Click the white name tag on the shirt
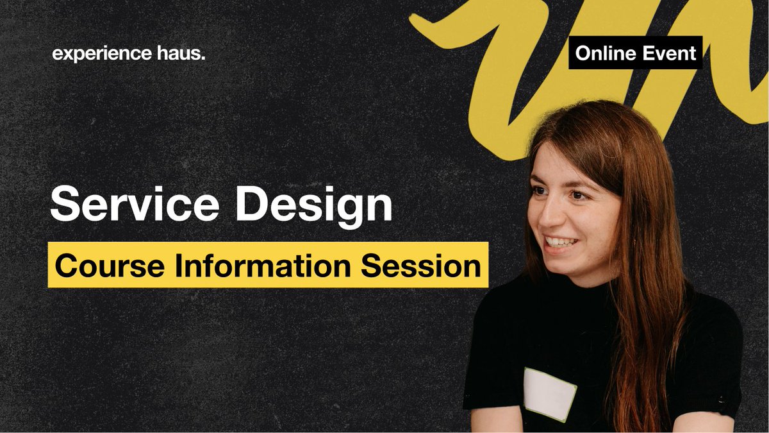550,393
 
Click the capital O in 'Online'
583,53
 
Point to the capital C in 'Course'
65,264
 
